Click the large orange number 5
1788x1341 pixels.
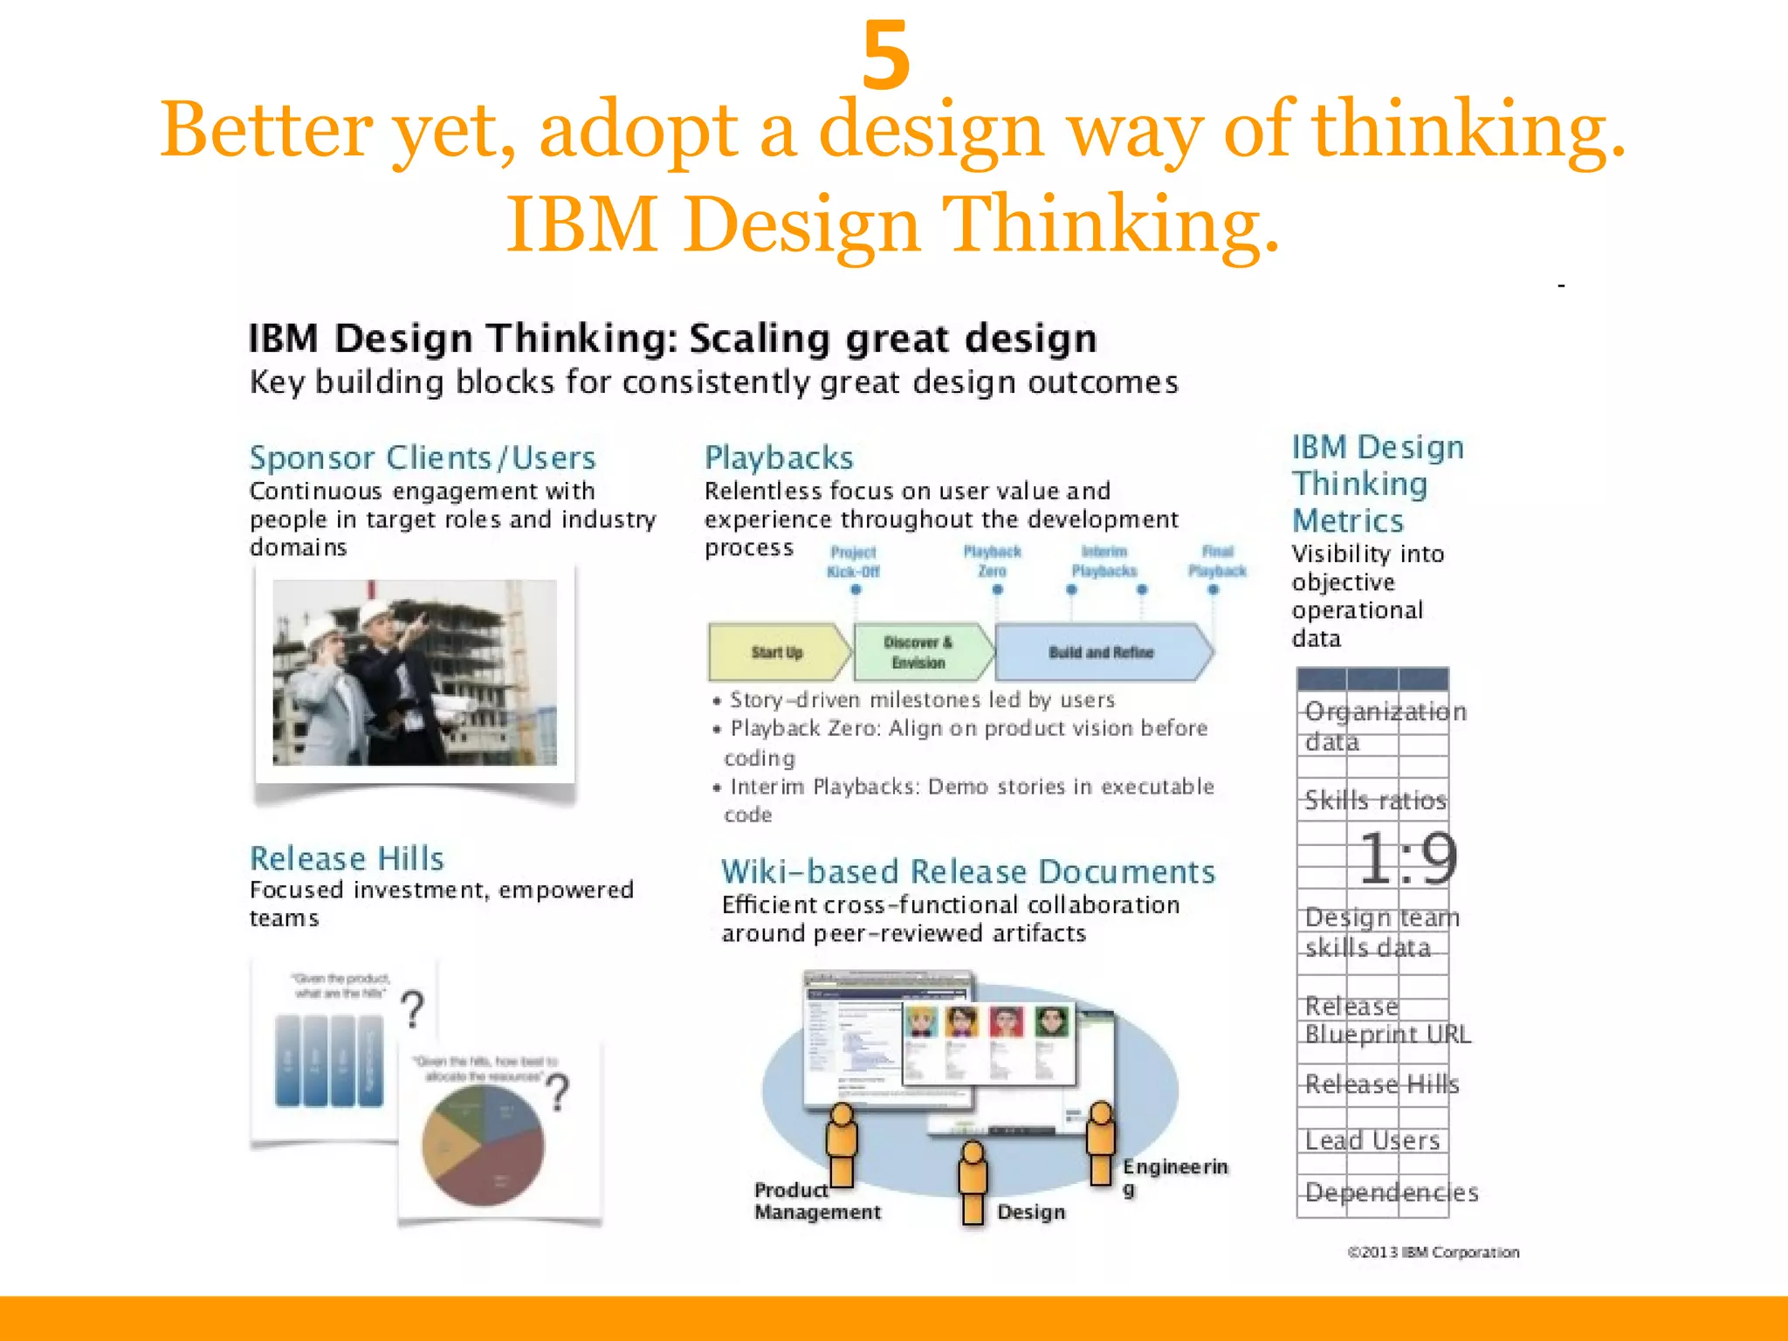885,56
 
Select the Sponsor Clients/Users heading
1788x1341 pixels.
423,458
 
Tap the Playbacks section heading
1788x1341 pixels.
779,458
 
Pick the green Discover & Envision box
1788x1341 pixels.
918,652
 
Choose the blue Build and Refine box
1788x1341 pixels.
1101,652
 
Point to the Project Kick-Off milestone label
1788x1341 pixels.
853,562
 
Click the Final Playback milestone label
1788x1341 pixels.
1217,561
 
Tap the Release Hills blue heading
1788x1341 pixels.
347,858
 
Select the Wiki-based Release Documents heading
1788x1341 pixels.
968,871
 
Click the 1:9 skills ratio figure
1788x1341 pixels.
1407,858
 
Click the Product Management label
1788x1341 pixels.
817,1201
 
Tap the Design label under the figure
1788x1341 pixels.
1031,1212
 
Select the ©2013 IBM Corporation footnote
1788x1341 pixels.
1433,1252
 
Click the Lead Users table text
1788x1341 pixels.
1372,1140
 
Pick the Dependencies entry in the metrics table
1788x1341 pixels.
1391,1193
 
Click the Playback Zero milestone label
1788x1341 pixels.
992,561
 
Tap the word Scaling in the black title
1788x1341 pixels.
760,339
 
